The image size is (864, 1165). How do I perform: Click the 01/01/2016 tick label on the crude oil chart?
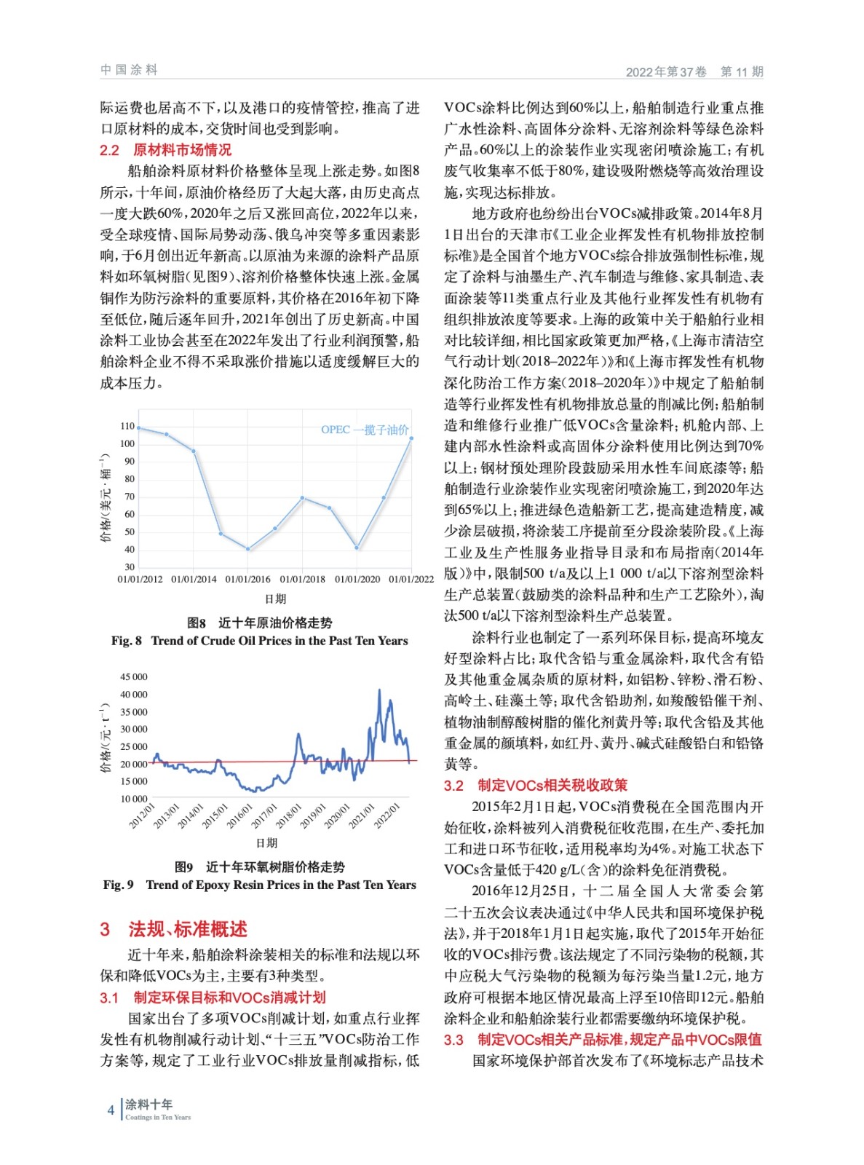click(x=247, y=580)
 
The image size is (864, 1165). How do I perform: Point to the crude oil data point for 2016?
click(x=248, y=549)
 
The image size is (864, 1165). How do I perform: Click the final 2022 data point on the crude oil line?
click(x=411, y=438)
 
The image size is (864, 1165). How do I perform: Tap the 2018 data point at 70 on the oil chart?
click(x=303, y=498)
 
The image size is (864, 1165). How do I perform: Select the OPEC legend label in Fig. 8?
click(x=365, y=430)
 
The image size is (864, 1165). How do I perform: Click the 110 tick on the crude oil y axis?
click(x=127, y=427)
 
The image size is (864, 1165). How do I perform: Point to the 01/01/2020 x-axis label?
click(x=357, y=580)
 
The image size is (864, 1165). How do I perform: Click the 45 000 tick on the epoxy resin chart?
click(x=133, y=677)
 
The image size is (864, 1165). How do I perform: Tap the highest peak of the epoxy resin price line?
click(x=379, y=690)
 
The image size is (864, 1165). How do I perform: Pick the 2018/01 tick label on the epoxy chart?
click(x=289, y=815)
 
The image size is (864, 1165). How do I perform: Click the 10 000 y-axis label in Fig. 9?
click(x=133, y=799)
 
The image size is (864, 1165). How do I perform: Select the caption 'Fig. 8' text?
click(x=126, y=641)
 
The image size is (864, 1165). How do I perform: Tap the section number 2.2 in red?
click(x=109, y=150)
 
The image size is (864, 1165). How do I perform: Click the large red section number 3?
click(x=106, y=929)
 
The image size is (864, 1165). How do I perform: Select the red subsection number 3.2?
click(x=453, y=786)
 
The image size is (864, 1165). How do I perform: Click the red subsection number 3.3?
click(x=453, y=1040)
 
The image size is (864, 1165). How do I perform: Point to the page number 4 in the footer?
click(x=111, y=1110)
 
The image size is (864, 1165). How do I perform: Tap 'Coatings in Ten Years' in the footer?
click(x=158, y=1117)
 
